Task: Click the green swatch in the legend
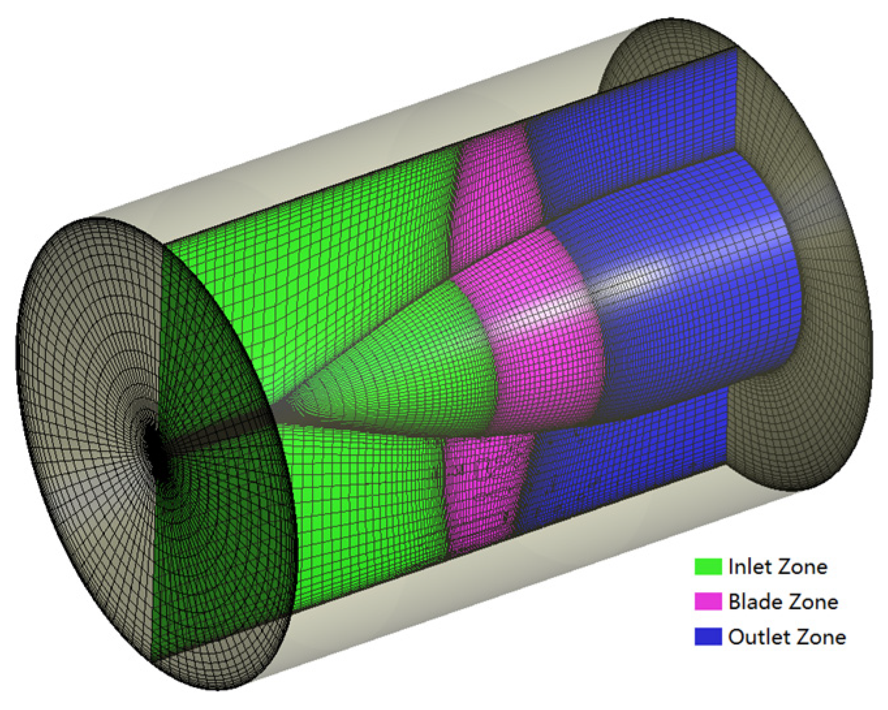pyautogui.click(x=708, y=566)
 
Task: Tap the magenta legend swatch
pyautogui.click(x=708, y=601)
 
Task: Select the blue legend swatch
pyautogui.click(x=708, y=636)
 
